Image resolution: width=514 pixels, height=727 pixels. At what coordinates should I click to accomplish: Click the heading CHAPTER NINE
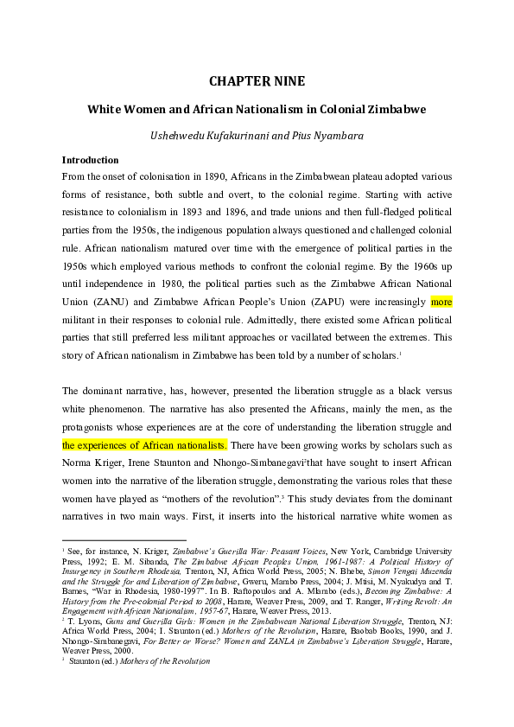pyautogui.click(x=257, y=82)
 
